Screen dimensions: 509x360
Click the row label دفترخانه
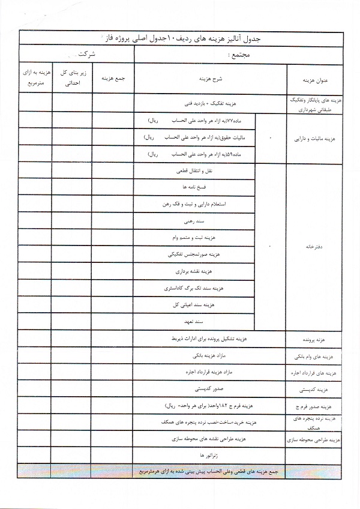(x=316, y=246)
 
